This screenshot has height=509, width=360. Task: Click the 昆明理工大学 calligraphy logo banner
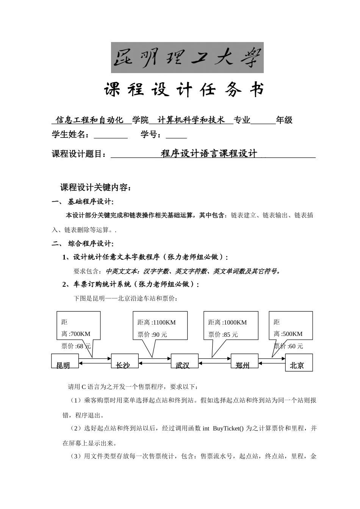(187, 58)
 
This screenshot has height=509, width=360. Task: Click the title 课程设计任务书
(184, 90)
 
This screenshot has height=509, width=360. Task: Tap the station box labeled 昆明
(65, 361)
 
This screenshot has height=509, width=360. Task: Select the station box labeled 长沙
(125, 361)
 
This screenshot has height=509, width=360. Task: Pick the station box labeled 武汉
(185, 361)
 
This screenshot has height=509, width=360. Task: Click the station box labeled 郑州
(244, 361)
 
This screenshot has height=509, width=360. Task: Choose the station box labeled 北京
(299, 363)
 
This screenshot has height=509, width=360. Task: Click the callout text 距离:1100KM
(157, 323)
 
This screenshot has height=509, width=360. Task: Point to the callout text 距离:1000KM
(227, 323)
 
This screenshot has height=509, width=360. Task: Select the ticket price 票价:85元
(223, 335)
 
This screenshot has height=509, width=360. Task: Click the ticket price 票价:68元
(76, 346)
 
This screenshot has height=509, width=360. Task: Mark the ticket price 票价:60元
(288, 346)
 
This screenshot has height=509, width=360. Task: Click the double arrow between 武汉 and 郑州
(214, 361)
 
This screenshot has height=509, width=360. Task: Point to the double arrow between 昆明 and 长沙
(95, 361)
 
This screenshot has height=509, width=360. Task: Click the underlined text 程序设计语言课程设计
(209, 154)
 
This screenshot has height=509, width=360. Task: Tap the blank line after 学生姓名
(111, 135)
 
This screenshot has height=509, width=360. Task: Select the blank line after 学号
(176, 135)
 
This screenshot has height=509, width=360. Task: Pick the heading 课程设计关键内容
(95, 187)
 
